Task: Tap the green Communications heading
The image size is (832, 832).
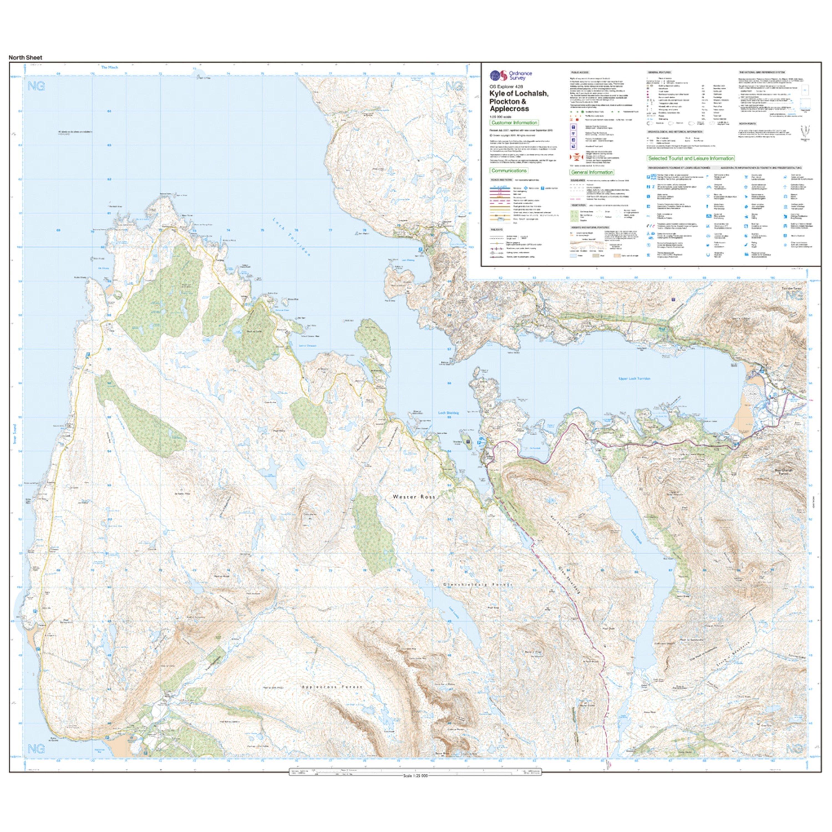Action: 509,171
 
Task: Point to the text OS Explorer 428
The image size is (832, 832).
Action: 506,86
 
